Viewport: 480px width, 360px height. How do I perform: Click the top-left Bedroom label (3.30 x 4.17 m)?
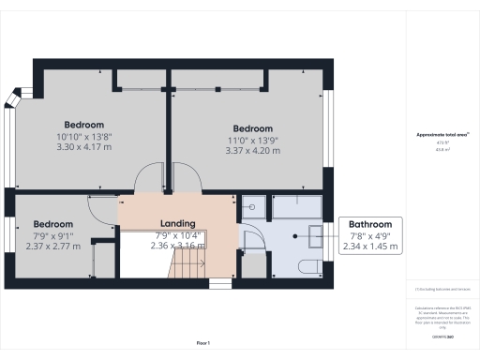83,125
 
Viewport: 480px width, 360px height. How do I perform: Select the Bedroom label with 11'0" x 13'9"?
252,128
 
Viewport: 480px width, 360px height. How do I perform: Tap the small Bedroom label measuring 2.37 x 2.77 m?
53,224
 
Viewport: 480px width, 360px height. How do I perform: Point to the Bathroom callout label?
370,224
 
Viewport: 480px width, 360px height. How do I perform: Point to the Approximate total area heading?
442,135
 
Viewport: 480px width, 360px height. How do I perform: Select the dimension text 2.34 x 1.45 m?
370,247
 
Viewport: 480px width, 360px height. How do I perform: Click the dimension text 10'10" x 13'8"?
83,136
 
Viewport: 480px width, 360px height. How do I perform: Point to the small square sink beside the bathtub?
251,204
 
